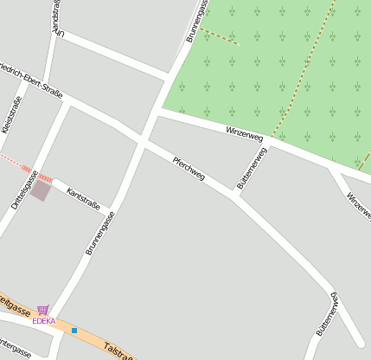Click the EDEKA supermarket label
point(44,321)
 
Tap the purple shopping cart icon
point(43,310)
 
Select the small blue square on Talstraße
point(74,331)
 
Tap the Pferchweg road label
point(189,168)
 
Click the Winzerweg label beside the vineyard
point(244,133)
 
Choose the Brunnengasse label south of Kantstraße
point(100,234)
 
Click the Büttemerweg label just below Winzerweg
point(252,167)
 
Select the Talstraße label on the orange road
point(118,350)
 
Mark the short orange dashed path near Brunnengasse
point(220,36)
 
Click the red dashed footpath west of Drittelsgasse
point(13,161)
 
